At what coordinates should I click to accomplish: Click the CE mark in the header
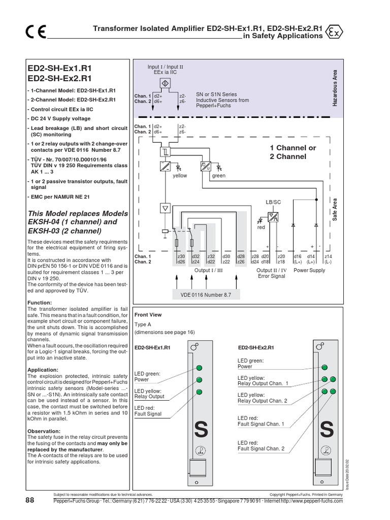point(36,32)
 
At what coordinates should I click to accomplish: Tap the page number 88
point(29,500)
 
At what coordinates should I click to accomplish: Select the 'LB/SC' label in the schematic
point(273,202)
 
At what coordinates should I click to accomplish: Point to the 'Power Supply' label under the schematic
point(310,270)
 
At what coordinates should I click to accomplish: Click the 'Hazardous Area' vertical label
point(335,88)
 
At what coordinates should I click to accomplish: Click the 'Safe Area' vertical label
point(335,209)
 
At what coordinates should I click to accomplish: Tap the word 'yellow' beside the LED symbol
point(180,176)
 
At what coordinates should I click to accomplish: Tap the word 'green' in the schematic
point(219,176)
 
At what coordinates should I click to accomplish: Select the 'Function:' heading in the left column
point(40,303)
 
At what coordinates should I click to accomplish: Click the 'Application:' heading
point(43,370)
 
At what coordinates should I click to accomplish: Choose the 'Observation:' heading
point(44,431)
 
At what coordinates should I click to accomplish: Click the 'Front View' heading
point(148,315)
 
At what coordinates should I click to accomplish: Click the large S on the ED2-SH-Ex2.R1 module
point(327,430)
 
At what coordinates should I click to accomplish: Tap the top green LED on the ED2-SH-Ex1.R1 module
point(200,368)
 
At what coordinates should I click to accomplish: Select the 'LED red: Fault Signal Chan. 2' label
point(261,446)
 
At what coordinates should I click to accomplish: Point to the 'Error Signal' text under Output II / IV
point(271,276)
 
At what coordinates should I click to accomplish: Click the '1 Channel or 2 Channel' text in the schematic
point(292,152)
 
